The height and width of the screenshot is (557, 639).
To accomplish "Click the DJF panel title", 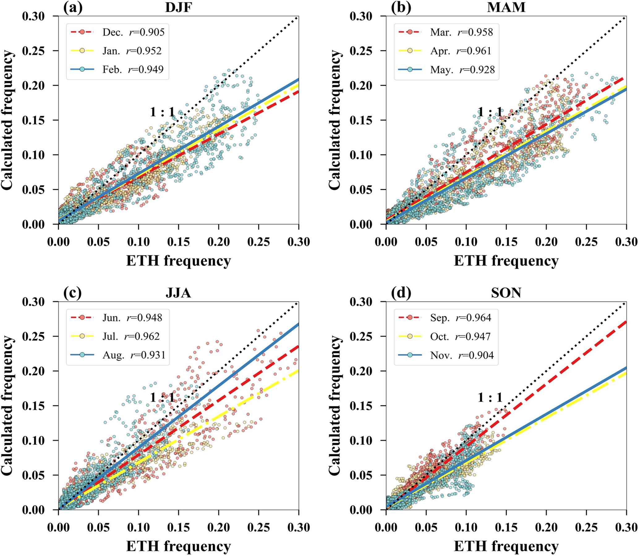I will coord(178,7).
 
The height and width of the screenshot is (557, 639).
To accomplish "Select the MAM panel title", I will coord(506,7).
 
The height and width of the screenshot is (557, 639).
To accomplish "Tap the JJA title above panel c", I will coord(178,293).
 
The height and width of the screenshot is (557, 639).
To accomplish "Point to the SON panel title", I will coord(506,293).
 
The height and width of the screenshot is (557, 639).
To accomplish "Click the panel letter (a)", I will coord(73,7).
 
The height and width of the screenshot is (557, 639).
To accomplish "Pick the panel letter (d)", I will coord(401,293).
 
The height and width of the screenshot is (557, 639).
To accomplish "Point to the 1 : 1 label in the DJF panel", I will coord(163,112).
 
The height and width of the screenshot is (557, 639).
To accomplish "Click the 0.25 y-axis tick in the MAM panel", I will coord(361,51).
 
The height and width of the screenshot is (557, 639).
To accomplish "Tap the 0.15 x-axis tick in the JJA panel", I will coord(179,527).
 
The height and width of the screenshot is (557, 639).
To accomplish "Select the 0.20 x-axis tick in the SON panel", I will coord(546,527).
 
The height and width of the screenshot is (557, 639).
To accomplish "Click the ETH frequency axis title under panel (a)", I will coord(178,261).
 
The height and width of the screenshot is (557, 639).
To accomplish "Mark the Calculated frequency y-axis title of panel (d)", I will coord(335,405).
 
